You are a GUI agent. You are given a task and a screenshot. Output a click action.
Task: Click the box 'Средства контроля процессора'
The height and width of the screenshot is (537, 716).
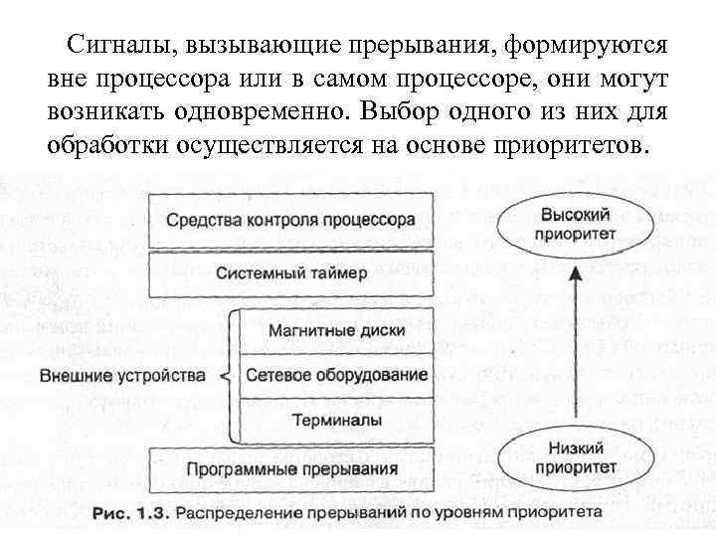coord(289,220)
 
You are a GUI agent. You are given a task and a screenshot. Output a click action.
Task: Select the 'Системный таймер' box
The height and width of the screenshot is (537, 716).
coord(289,273)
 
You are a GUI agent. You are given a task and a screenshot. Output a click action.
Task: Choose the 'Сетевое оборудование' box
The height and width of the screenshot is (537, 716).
coord(335,375)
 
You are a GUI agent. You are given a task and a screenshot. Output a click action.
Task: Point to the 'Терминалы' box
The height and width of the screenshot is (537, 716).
coord(335,421)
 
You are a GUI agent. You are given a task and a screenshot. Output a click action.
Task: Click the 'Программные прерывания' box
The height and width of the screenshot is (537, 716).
coord(289,468)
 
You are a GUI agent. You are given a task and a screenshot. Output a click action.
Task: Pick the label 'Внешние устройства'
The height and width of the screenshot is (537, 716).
coord(122,376)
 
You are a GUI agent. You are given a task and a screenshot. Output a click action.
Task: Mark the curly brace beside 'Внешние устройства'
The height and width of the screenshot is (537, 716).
coord(229,376)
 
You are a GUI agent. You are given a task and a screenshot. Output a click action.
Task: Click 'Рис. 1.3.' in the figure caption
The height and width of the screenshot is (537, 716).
coord(132,513)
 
